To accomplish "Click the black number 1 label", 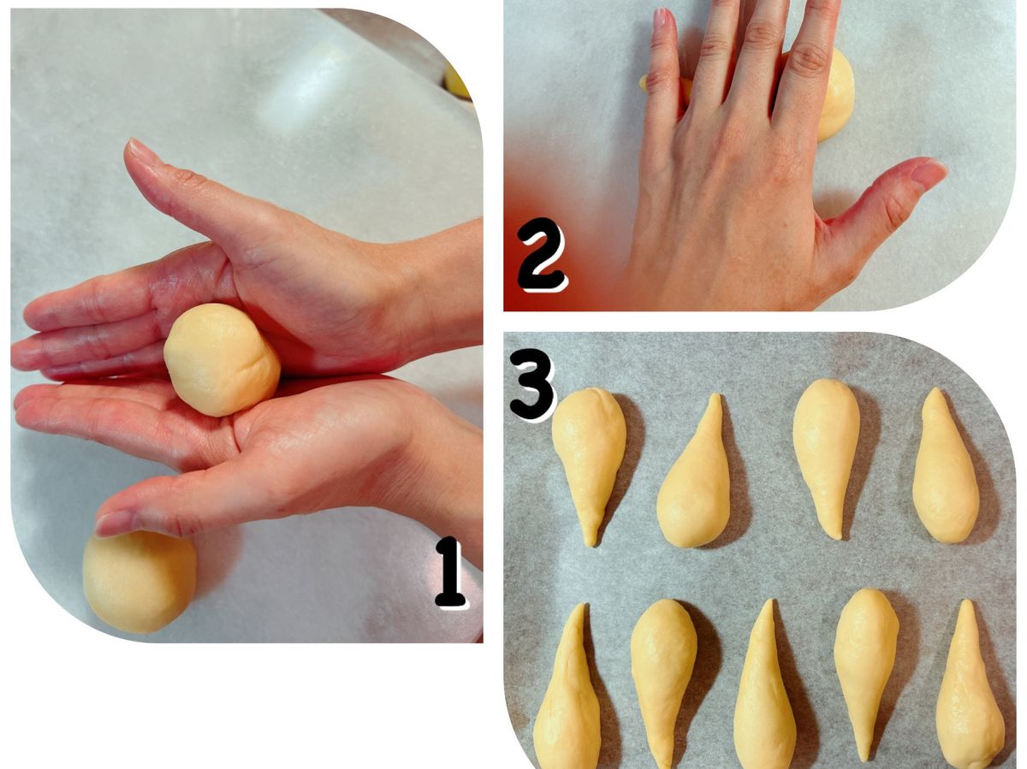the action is pyautogui.click(x=449, y=571).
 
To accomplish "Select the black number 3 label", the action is pyautogui.click(x=532, y=389).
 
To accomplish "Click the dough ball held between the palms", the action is pyautogui.click(x=222, y=359).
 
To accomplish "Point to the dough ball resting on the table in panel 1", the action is pyautogui.click(x=139, y=581).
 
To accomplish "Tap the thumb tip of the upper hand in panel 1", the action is pyautogui.click(x=134, y=146).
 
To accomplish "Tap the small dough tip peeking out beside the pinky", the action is pyautogui.click(x=644, y=83).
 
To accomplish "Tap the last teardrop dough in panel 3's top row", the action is pyautogui.click(x=945, y=468).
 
